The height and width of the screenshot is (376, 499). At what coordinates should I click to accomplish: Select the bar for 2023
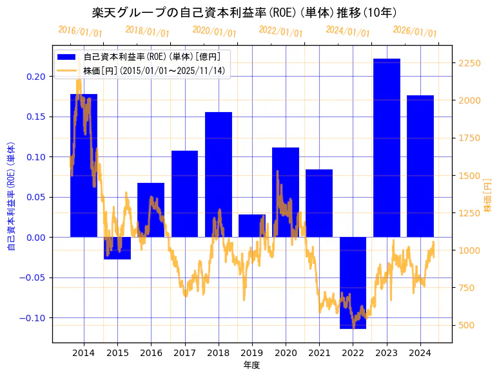[x=386, y=147]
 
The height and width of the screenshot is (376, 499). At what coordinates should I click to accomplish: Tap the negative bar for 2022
[x=353, y=283]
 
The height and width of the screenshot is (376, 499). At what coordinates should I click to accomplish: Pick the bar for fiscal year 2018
[x=219, y=174]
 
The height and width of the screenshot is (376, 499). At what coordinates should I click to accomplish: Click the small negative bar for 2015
[x=117, y=248]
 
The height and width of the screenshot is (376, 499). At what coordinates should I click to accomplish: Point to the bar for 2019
[x=252, y=225]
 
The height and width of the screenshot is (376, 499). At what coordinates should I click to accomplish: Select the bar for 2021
[x=319, y=203]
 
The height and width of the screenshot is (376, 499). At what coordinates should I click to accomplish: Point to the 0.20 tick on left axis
[x=37, y=77]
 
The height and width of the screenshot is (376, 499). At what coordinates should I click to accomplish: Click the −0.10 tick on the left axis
[x=35, y=318]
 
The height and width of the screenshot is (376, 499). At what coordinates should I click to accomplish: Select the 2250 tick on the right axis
[x=469, y=63]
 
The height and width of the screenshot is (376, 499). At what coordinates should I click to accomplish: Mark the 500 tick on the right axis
[x=466, y=325]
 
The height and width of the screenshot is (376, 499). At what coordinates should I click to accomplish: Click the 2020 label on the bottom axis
[x=286, y=353]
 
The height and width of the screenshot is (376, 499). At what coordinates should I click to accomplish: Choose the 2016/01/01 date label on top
[x=80, y=31]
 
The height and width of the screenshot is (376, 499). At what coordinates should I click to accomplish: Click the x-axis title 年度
[x=251, y=365]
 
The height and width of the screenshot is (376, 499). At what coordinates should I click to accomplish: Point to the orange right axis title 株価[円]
[x=487, y=196]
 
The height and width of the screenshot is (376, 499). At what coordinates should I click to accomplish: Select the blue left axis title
[x=11, y=196]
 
